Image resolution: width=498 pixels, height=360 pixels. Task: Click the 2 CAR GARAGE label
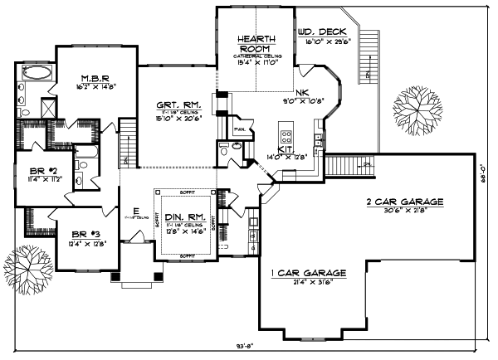[404, 202]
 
